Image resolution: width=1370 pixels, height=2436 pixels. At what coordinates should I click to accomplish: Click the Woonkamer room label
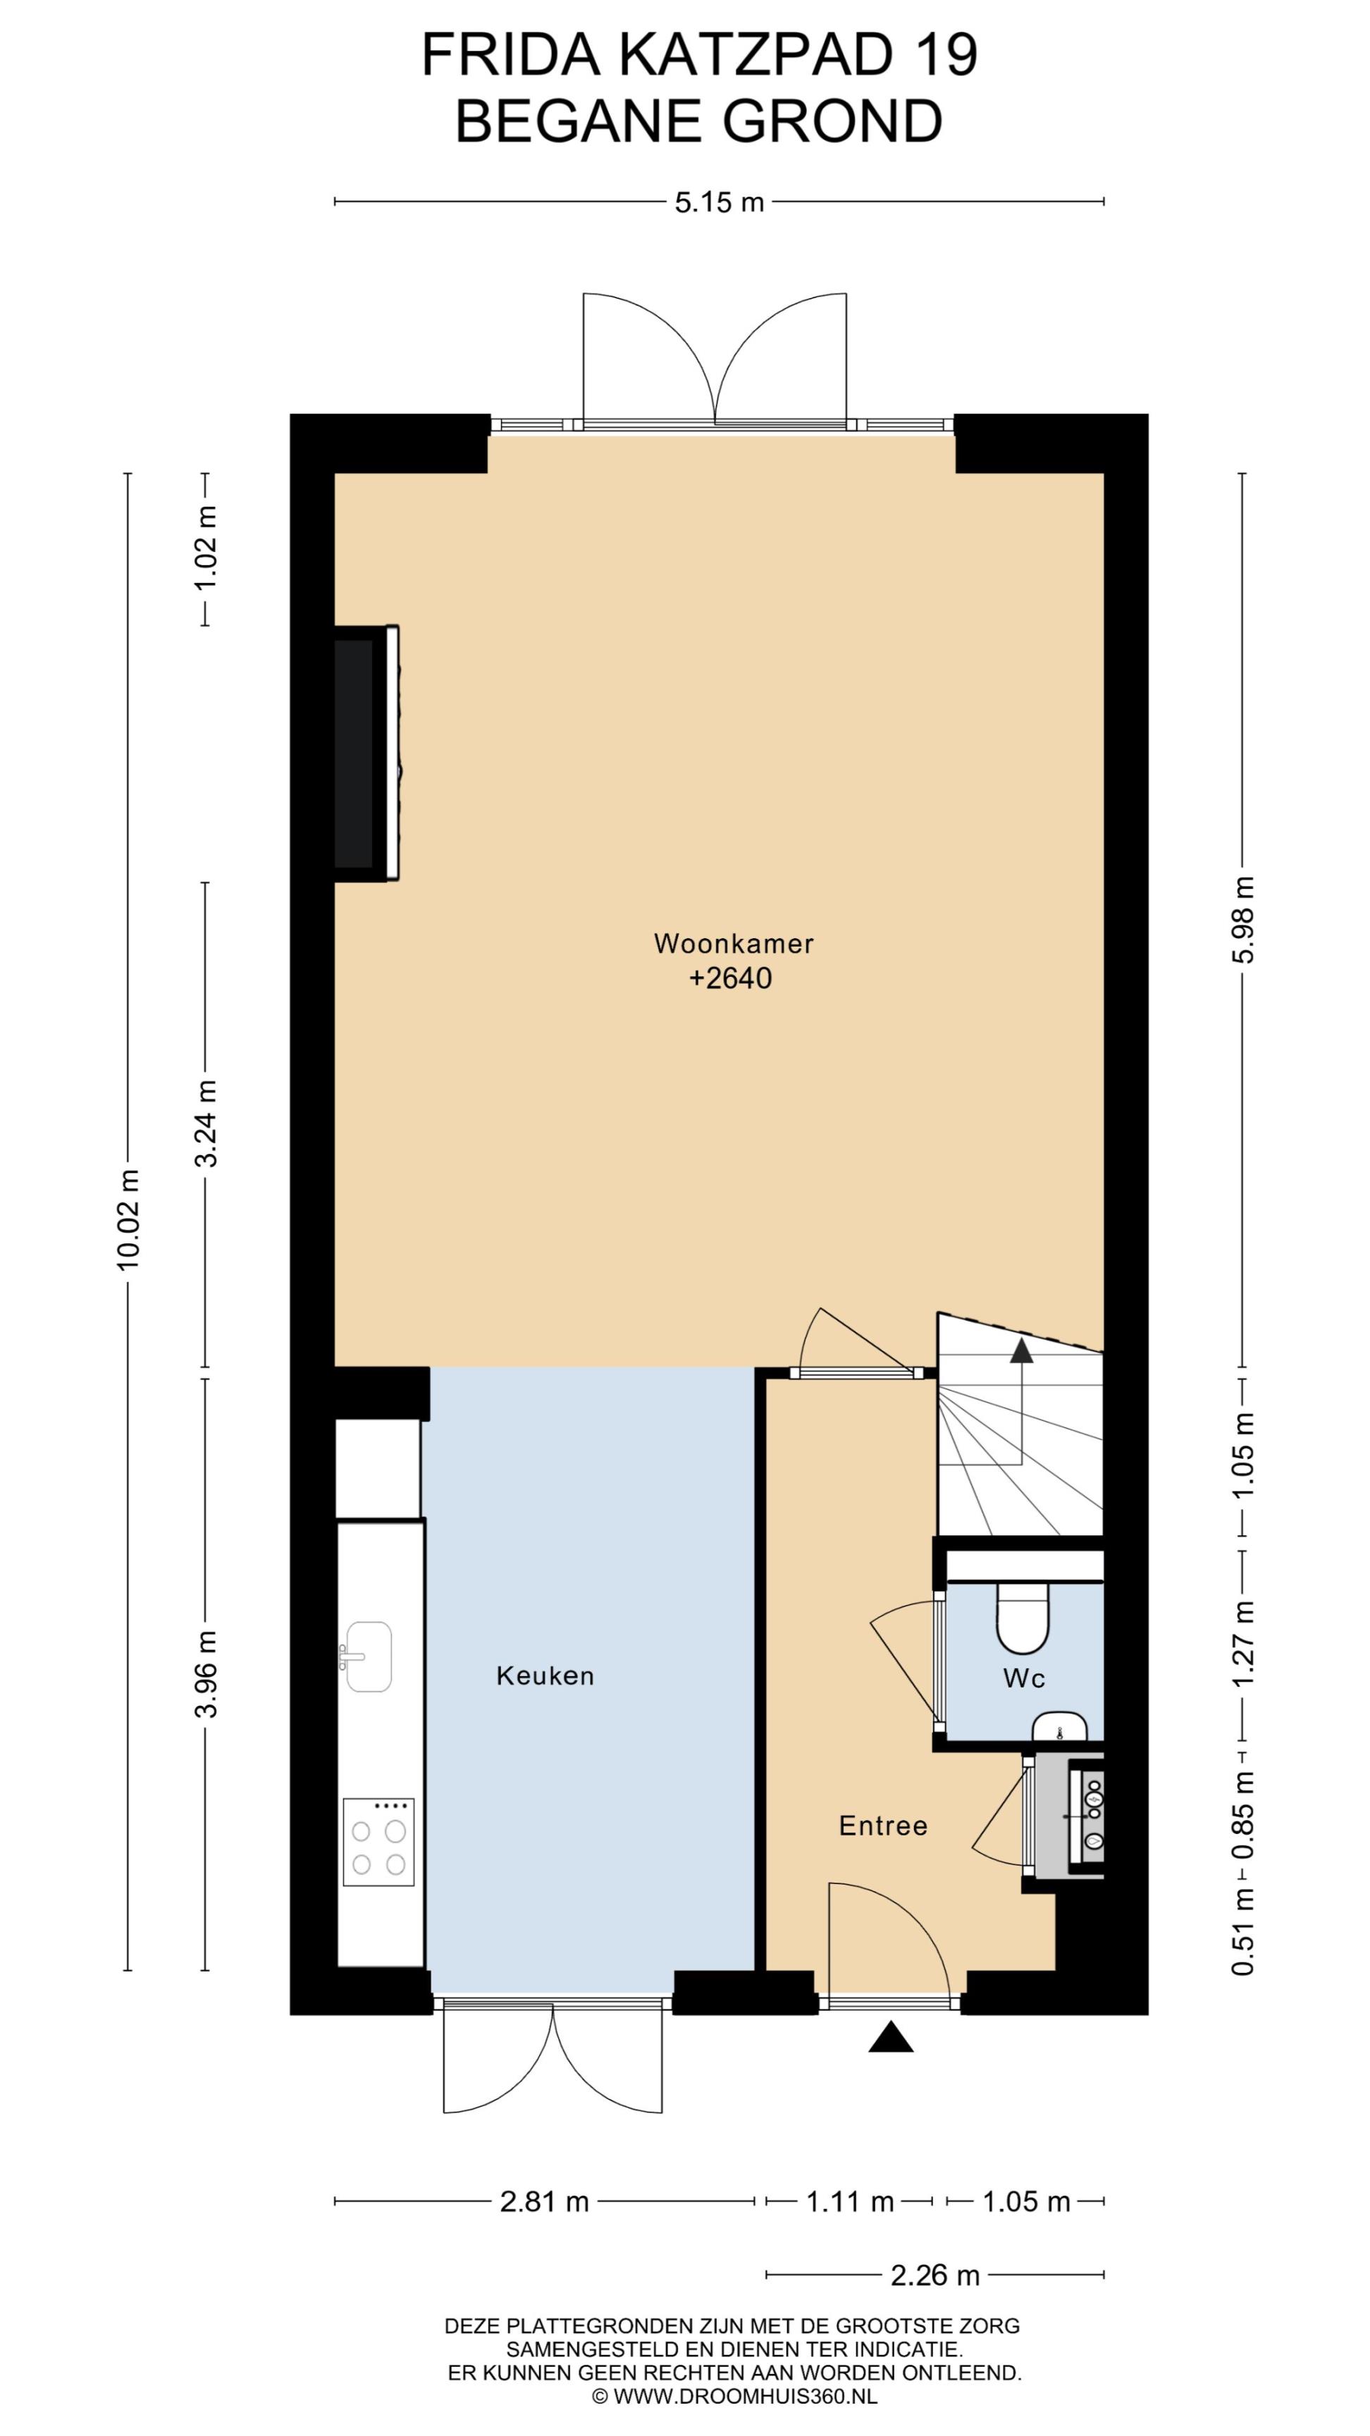point(733,943)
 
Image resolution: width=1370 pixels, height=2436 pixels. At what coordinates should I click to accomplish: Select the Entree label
point(883,1825)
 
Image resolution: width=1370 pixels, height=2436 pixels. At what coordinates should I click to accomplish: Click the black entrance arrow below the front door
point(891,2038)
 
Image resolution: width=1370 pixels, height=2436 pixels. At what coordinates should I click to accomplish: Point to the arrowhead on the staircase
point(1021,1351)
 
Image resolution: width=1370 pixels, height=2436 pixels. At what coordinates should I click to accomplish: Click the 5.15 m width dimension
point(719,202)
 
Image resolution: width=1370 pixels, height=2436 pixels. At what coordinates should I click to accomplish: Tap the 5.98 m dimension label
point(1242,919)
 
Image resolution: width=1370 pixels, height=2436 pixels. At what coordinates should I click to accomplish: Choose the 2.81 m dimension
point(545,2201)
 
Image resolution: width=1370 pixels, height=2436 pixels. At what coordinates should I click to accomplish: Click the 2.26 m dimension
point(935,2275)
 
